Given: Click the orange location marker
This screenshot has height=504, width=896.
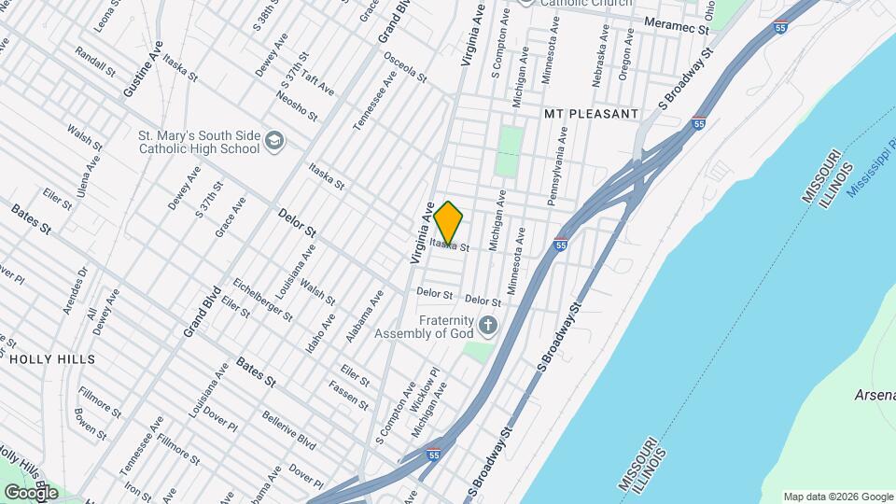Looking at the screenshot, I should [x=449, y=222].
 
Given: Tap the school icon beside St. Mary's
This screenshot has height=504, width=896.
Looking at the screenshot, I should [x=274, y=140].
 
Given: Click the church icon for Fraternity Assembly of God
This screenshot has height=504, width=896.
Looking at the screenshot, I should [x=486, y=326].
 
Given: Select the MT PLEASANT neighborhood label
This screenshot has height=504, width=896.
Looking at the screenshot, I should [x=592, y=114].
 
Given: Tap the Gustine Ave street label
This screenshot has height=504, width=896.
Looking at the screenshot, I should [x=143, y=69].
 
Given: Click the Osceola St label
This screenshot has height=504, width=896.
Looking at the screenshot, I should [x=405, y=64].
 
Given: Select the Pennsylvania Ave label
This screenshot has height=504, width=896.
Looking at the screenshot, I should [x=558, y=165].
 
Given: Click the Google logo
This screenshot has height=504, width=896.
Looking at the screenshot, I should [x=32, y=492].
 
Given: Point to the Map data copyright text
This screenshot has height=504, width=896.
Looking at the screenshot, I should [x=836, y=497].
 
